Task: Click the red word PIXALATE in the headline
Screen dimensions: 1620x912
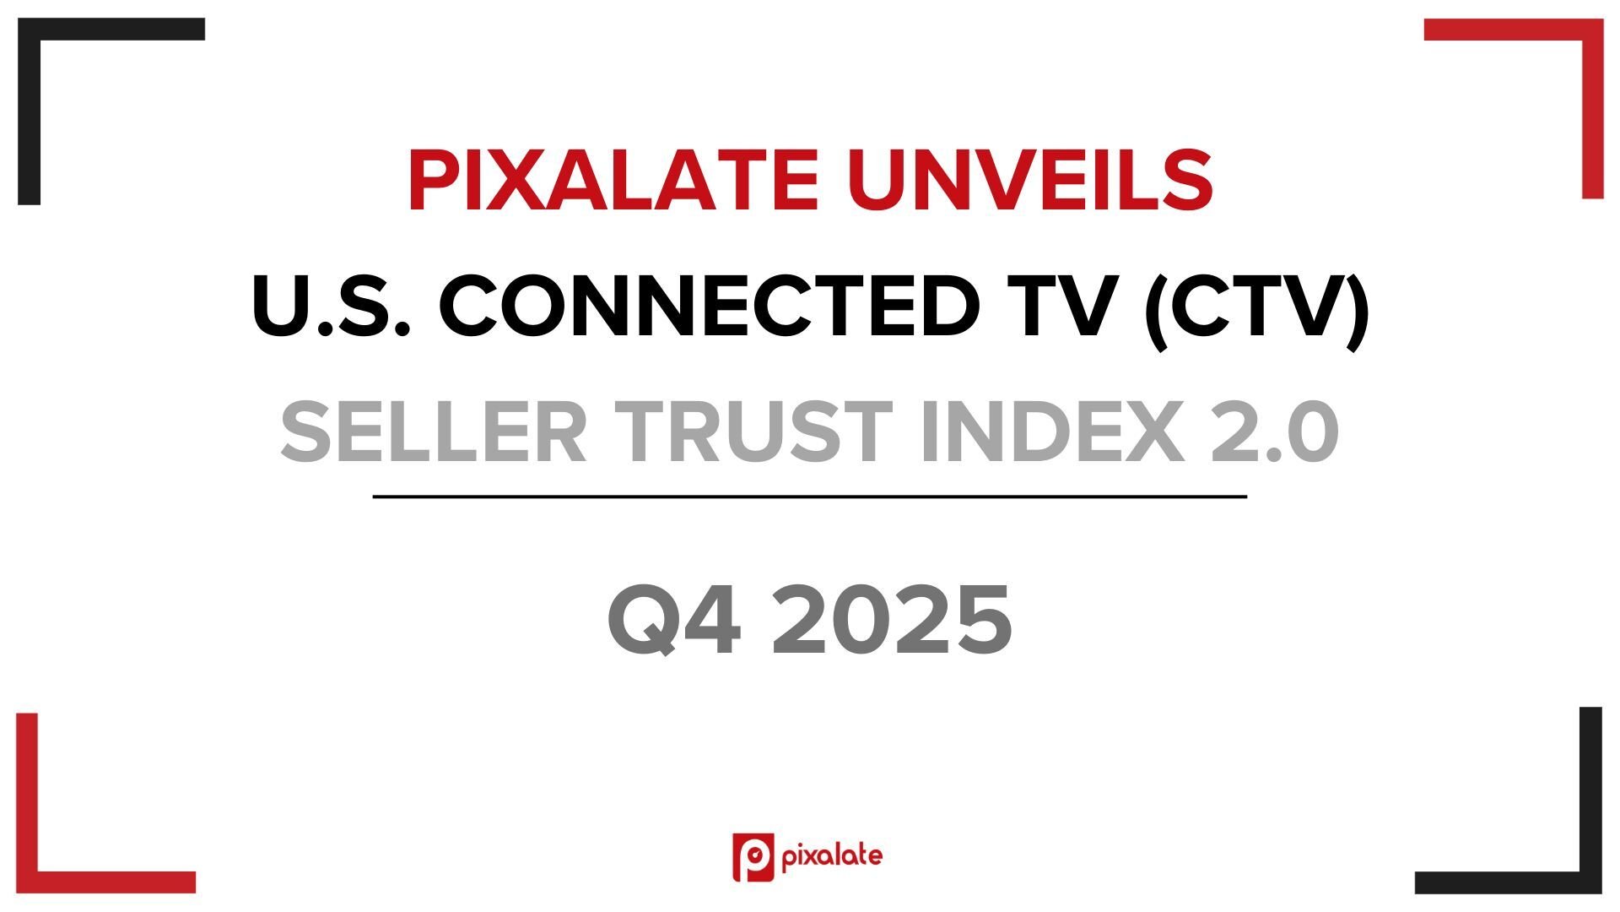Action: pos(613,180)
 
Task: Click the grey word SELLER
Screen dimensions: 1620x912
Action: pos(433,432)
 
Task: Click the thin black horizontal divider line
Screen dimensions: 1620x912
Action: pos(810,497)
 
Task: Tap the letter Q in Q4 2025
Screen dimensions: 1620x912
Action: pos(643,622)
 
